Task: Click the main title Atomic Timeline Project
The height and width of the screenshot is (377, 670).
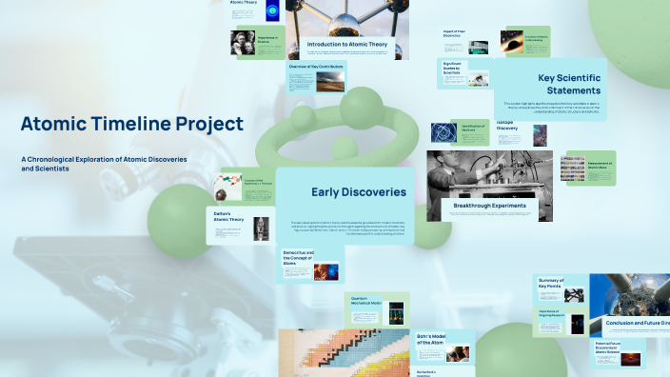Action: [x=132, y=124]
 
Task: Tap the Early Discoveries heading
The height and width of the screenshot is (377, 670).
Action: [x=359, y=192]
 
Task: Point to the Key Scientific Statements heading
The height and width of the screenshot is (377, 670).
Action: [x=565, y=84]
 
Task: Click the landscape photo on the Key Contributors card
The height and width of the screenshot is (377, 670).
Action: [x=328, y=82]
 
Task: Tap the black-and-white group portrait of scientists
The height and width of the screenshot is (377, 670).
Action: [x=244, y=42]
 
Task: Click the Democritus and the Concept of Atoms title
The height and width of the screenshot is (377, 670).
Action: [x=297, y=257]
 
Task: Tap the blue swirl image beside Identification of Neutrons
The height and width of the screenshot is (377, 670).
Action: [x=443, y=132]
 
